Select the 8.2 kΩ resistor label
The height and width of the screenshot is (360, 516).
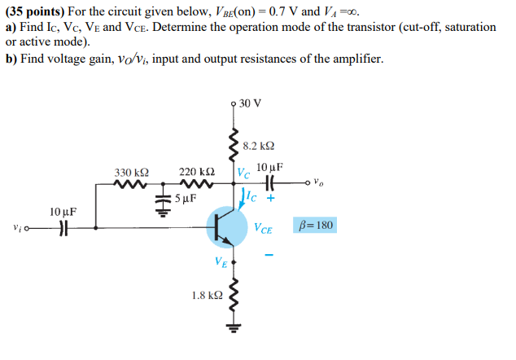pos(258,147)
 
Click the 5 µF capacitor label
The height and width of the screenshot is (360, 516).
pos(186,198)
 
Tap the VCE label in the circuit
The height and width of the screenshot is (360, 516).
pos(264,229)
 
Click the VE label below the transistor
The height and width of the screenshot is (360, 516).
pos(221,262)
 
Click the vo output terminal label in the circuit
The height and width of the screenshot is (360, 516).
pos(322,183)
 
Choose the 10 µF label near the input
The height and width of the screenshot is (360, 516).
pos(63,212)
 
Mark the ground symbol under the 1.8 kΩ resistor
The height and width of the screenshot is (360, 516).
pos(234,330)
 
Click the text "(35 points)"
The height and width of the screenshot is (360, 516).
pos(36,12)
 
